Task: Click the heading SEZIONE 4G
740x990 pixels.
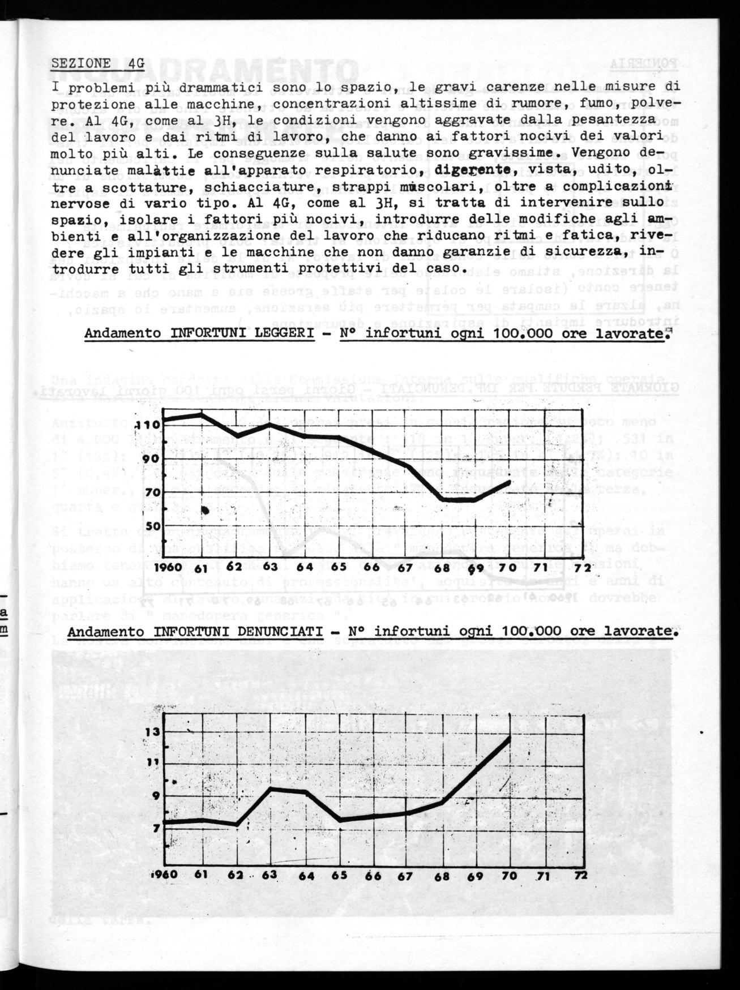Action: pos(98,63)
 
